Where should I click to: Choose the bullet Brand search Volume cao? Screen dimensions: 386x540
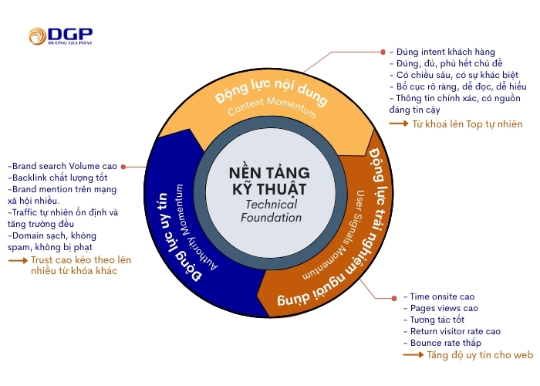point(62,166)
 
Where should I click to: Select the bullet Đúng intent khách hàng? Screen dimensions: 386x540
point(442,52)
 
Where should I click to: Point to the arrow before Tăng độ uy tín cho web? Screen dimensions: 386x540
point(413,355)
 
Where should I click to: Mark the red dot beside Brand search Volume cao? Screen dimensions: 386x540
point(124,166)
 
